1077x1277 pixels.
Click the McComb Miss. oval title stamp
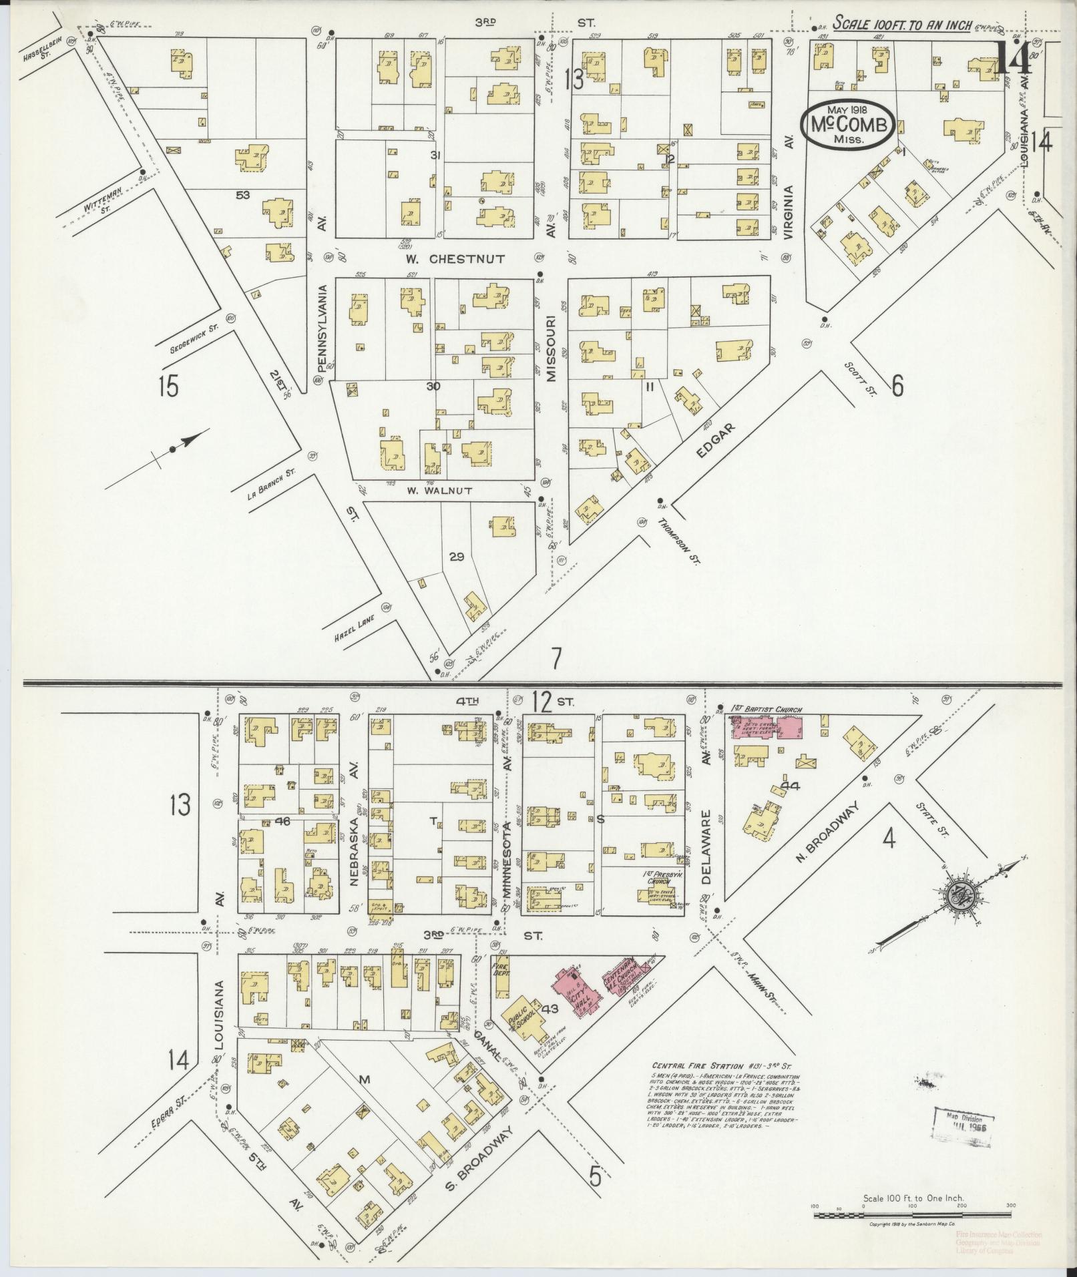pos(849,124)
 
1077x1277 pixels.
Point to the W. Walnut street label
pos(439,491)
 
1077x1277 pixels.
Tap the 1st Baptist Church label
pos(766,709)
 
